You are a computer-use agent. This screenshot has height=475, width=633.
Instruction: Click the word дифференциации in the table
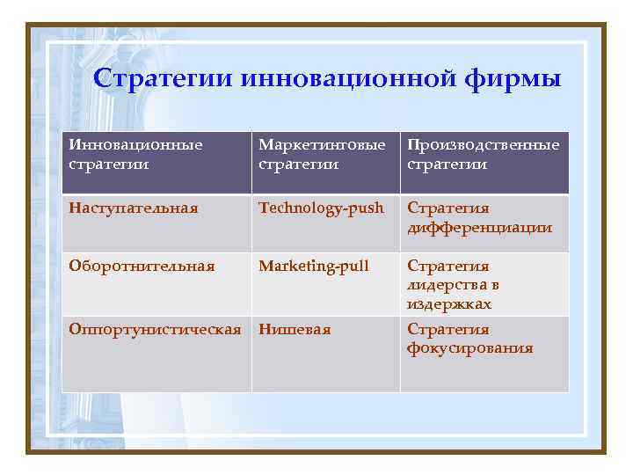point(479,228)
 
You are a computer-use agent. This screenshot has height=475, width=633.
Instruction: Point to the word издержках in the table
point(448,303)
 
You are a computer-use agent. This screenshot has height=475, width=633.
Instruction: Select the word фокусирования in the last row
point(469,348)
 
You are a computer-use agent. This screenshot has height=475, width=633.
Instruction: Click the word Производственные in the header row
point(483,144)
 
